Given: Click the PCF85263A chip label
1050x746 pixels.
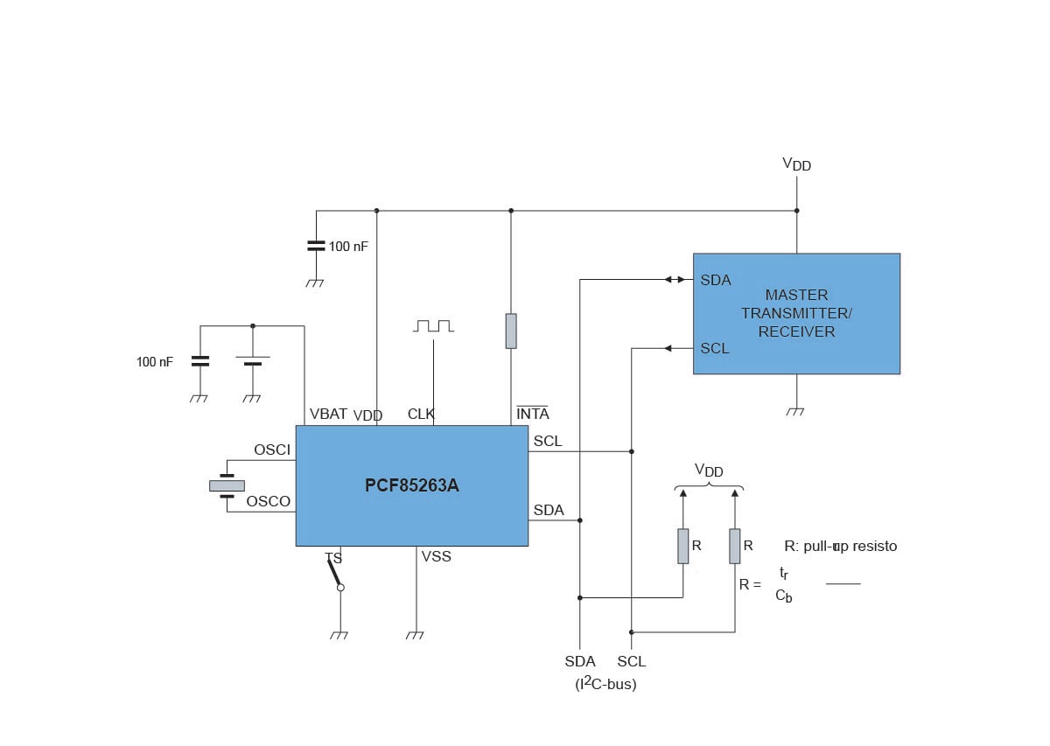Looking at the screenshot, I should [x=411, y=485].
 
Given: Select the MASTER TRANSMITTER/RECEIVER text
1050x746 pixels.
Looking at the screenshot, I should [x=796, y=313].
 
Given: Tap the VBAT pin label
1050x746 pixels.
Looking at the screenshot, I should [x=328, y=414].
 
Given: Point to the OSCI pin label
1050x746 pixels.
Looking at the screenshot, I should [x=271, y=450].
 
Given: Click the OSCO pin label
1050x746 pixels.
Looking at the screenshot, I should [x=268, y=501].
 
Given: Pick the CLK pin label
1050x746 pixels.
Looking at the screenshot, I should [x=421, y=414].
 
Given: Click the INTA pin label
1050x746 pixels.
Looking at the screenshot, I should [x=533, y=414].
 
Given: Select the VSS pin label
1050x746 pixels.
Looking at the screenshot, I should [x=436, y=556].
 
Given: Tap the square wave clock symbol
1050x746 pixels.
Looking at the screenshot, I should [x=434, y=325].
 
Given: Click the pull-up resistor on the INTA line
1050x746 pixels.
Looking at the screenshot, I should [x=511, y=331].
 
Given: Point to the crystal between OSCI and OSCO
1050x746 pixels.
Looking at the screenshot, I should [x=227, y=485].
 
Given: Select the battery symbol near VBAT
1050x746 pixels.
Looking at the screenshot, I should [x=253, y=359].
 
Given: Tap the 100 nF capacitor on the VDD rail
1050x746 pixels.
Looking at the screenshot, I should [x=316, y=246].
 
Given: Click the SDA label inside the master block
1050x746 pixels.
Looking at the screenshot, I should [x=716, y=280].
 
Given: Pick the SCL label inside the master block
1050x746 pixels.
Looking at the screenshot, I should [x=715, y=348].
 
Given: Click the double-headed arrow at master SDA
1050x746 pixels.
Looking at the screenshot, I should [x=675, y=280].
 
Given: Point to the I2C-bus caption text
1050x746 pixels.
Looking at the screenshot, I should [x=605, y=684].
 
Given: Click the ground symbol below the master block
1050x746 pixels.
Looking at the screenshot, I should [x=795, y=410].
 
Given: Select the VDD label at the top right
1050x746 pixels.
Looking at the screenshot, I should [x=796, y=164].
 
